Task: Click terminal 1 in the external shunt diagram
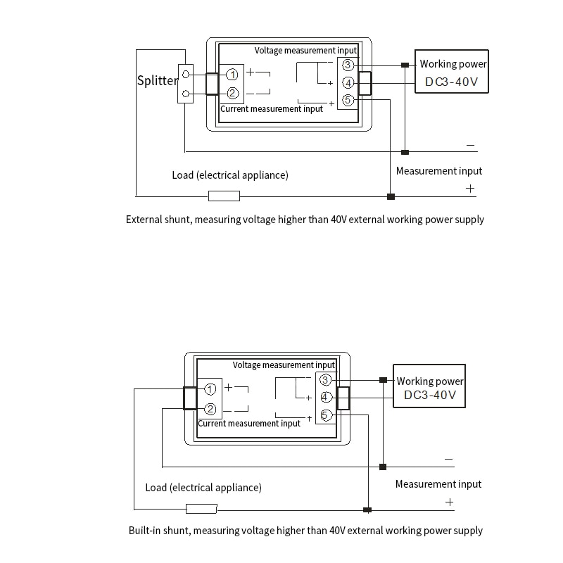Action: point(232,75)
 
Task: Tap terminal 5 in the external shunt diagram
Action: point(348,101)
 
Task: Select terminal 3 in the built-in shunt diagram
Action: point(325,380)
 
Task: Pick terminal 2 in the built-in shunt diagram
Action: point(210,409)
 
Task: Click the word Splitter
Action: point(158,80)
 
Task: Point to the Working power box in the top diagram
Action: point(452,72)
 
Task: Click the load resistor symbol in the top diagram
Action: point(224,196)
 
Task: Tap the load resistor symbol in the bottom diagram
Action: point(201,509)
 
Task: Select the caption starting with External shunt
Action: point(305,220)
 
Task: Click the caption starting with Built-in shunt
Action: point(305,531)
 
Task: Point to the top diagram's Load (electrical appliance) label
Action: point(230,175)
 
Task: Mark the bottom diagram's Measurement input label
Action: point(438,484)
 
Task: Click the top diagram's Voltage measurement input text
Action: point(305,51)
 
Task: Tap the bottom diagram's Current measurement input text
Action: point(249,424)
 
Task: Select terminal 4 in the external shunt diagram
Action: point(348,83)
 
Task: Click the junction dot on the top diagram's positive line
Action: point(391,196)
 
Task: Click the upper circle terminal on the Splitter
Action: point(185,73)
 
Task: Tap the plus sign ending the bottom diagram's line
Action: point(449,502)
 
